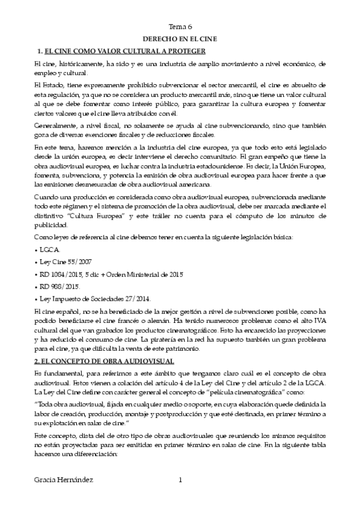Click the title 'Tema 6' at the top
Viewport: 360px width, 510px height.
pyautogui.click(x=180, y=27)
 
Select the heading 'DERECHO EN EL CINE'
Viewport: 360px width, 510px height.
pyautogui.click(x=180, y=38)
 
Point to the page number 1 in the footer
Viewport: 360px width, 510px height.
pyautogui.click(x=180, y=480)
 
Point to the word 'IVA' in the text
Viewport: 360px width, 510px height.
pyautogui.click(x=318, y=322)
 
